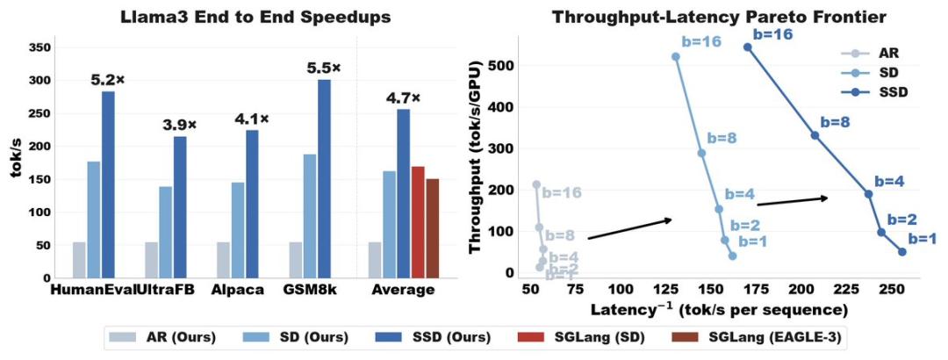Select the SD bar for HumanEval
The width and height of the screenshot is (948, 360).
[x=93, y=220]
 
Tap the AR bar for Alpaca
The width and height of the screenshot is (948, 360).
[x=223, y=260]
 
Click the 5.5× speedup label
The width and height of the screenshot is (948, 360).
[x=324, y=66]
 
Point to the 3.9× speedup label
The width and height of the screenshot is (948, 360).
[x=180, y=126]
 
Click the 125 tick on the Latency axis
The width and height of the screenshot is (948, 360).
[x=667, y=291]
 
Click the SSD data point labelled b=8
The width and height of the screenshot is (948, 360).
[x=815, y=135]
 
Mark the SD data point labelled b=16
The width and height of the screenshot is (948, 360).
[x=675, y=56]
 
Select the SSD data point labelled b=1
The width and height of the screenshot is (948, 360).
[x=901, y=252]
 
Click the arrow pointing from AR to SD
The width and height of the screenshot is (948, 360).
[x=628, y=228]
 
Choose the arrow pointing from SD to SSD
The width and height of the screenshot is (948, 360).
[x=792, y=201]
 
